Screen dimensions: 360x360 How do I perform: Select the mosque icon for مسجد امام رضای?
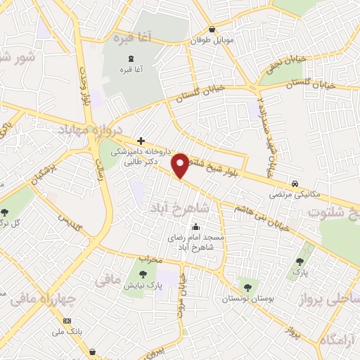195,227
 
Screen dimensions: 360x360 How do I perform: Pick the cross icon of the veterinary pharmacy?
141,141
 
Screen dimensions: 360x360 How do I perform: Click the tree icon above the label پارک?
300,262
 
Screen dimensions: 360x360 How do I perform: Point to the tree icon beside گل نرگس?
5,212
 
